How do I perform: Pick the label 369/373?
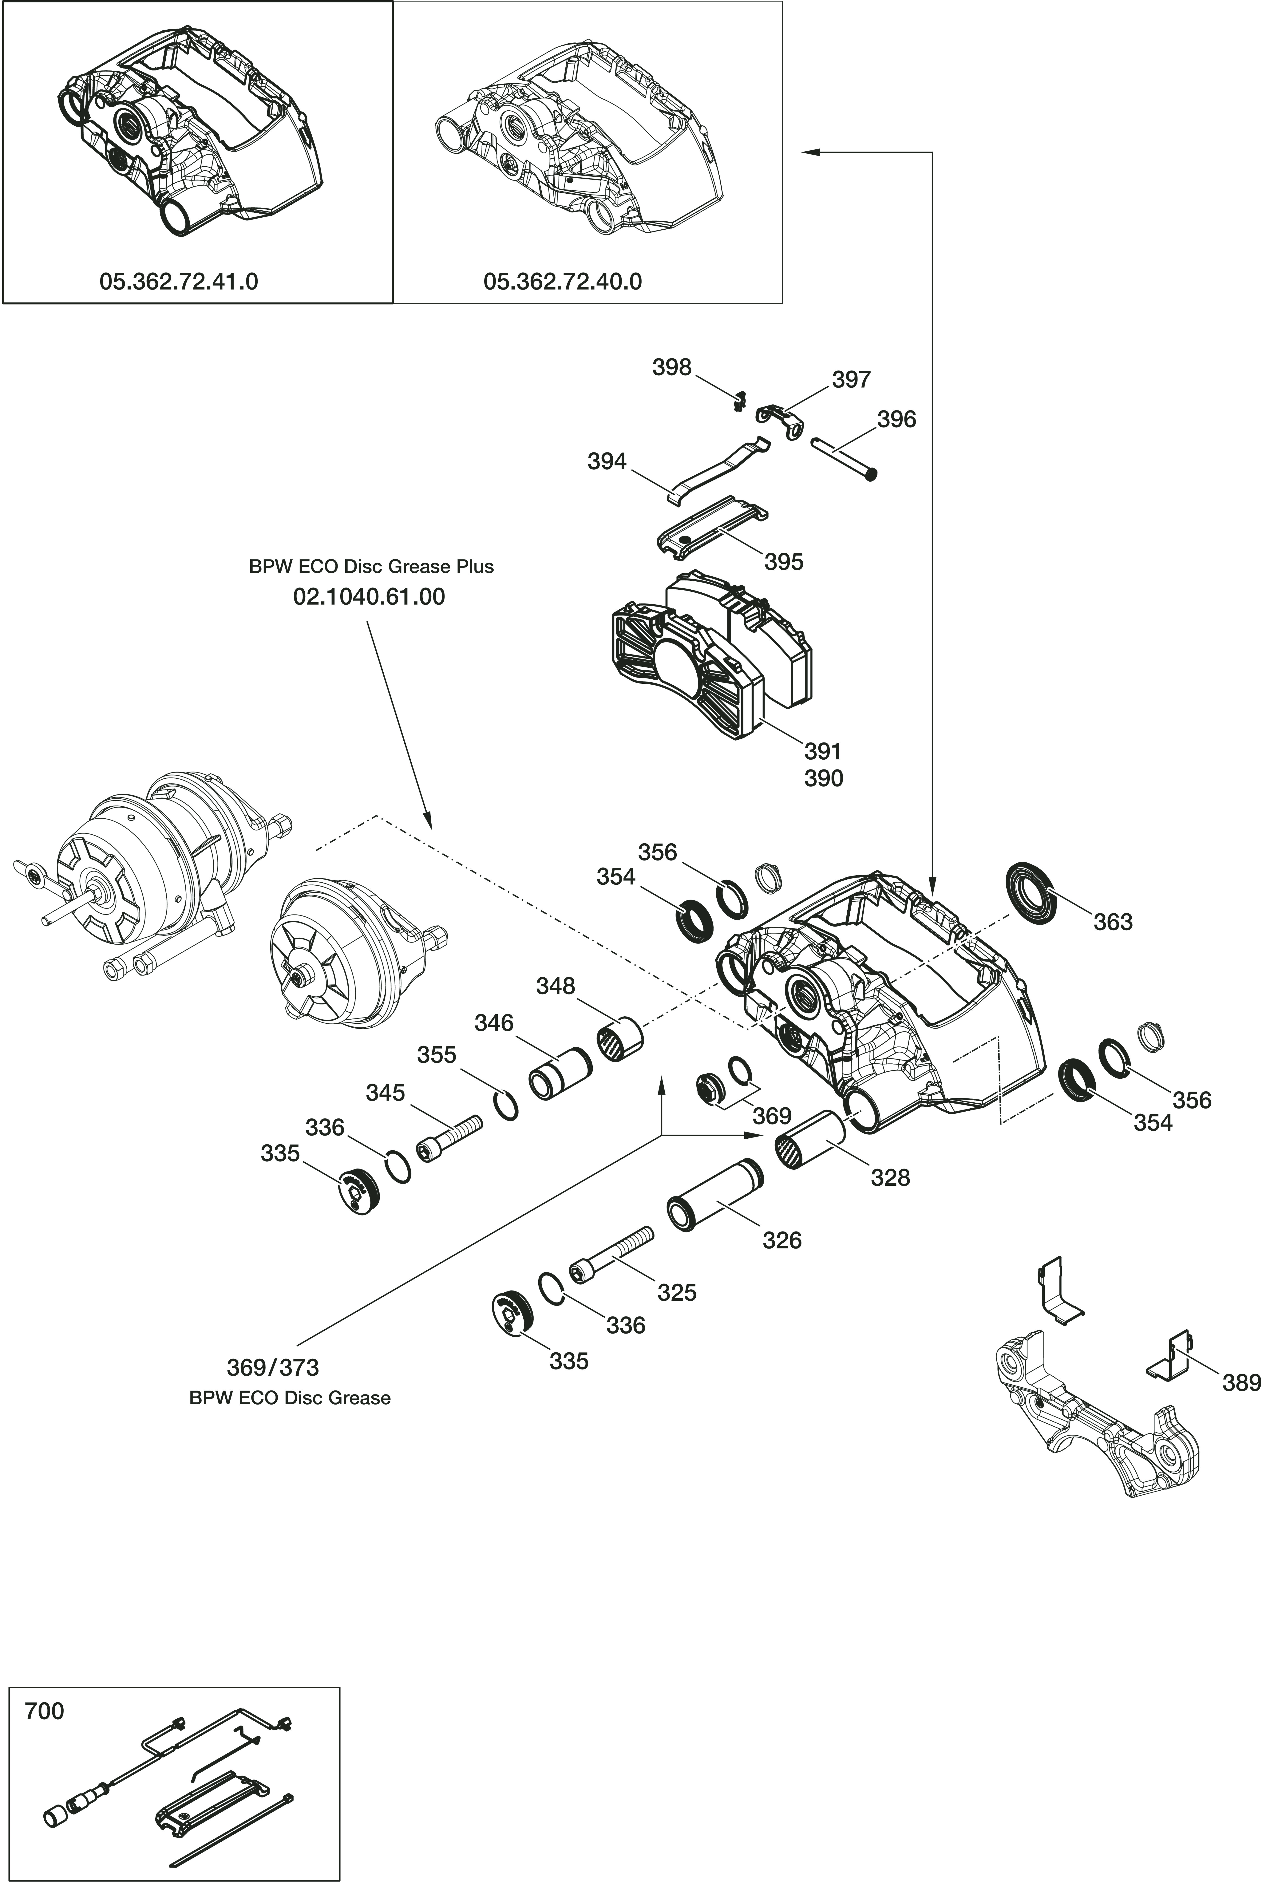pos(273,1367)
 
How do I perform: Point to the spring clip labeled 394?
pos(716,467)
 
